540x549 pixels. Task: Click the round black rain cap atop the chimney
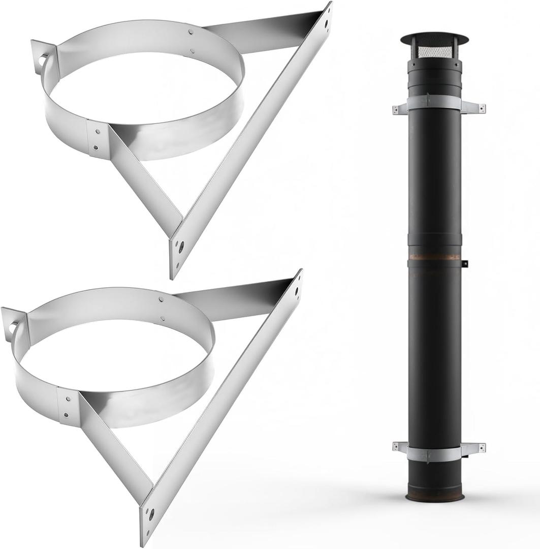434,39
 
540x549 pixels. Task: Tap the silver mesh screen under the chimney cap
434,51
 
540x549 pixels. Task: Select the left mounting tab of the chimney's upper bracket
399,109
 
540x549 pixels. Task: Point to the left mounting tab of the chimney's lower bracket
399,447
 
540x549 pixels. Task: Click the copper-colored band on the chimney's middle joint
434,257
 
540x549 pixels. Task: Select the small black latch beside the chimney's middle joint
464,263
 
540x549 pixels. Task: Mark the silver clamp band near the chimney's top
434,103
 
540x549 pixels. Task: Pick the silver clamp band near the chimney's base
434,453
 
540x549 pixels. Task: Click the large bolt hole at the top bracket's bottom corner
180,248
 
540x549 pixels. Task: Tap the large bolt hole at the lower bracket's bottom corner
151,513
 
